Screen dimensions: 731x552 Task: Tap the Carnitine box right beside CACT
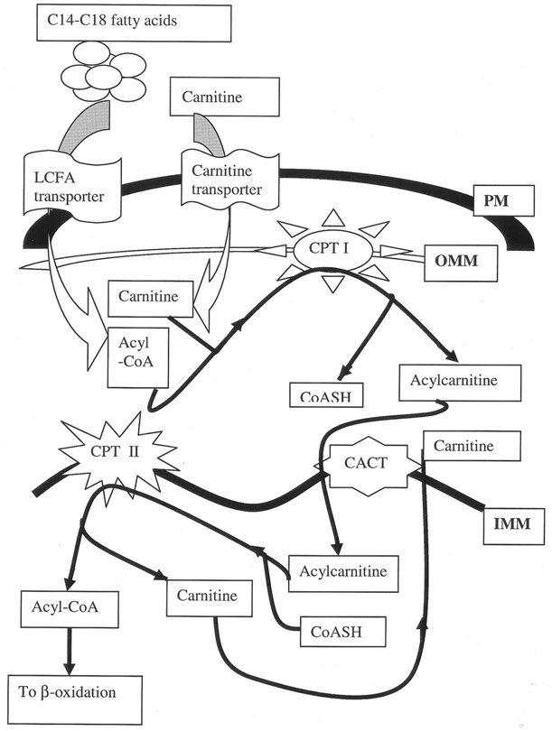pyautogui.click(x=472, y=447)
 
